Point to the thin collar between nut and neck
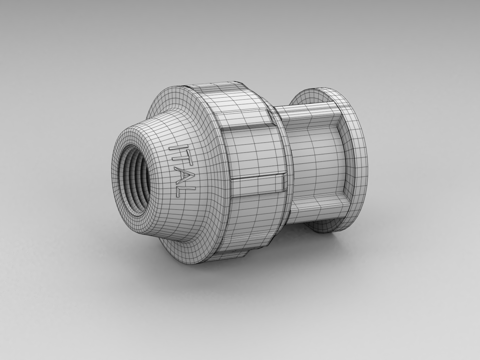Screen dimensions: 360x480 coord(287,167)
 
